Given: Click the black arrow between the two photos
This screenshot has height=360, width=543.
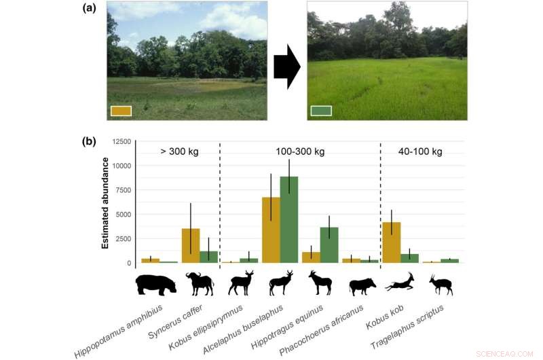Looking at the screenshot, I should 286,67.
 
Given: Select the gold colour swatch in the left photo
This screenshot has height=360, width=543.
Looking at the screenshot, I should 120,111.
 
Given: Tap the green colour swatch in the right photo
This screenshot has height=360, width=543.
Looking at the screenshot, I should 321,111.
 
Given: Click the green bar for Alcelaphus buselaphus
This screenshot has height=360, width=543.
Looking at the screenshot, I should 289,219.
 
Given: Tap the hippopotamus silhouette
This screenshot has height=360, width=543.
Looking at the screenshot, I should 155,284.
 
